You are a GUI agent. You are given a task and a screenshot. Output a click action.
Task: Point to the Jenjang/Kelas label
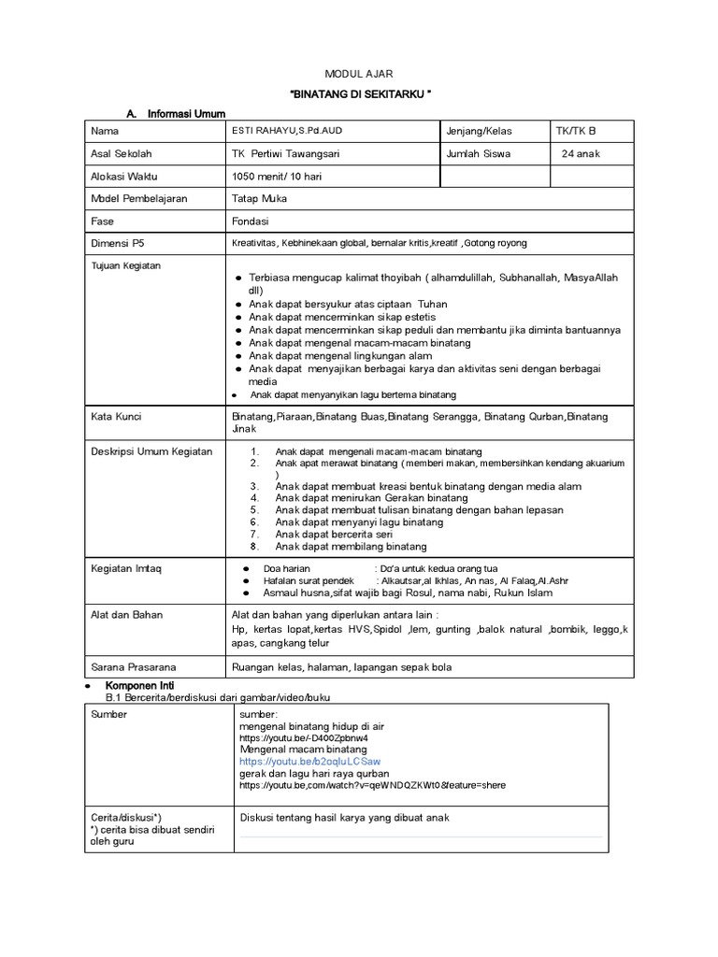point(480,131)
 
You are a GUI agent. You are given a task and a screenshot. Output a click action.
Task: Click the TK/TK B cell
point(576,131)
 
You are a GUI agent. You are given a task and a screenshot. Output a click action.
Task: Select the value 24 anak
point(581,153)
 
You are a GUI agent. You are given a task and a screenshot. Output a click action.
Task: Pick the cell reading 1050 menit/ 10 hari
point(276,176)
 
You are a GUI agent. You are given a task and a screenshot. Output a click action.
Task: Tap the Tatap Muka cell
point(259,198)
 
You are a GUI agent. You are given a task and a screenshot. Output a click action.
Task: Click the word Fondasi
point(250,221)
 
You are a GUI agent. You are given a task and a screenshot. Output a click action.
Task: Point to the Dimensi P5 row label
point(118,243)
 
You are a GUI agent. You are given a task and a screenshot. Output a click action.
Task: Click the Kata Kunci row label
point(116,416)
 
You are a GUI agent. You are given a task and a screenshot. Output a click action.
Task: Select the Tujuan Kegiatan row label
point(126,265)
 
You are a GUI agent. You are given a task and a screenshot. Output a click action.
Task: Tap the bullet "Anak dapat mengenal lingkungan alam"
point(341,356)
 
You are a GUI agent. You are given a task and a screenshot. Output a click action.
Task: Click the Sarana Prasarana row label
point(133,667)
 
